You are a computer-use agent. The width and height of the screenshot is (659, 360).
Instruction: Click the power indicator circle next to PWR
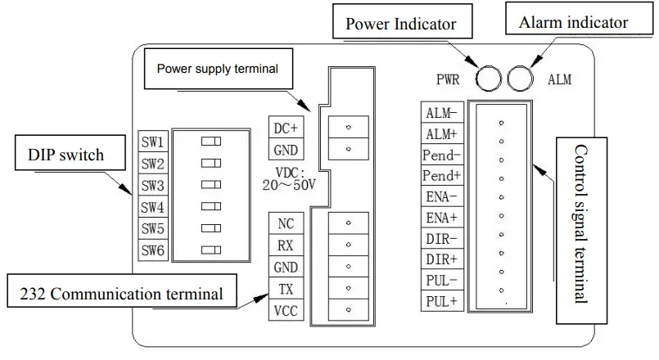(x=489, y=79)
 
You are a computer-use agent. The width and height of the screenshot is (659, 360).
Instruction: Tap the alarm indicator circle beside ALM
(x=521, y=79)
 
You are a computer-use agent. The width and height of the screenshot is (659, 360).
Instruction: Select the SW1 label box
(x=153, y=142)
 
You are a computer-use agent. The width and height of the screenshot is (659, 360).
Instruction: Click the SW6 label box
(x=153, y=250)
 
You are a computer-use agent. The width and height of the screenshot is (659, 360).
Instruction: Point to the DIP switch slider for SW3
(x=211, y=184)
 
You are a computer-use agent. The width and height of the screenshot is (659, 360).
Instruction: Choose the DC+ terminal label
(x=286, y=128)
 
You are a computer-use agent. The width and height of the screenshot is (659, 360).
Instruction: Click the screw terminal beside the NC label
(x=349, y=223)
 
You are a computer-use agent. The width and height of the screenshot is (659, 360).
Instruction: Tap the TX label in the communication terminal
(x=286, y=289)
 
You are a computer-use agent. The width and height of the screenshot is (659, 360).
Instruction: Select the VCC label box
(x=286, y=310)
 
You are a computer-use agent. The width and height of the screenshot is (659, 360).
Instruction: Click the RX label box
(x=286, y=245)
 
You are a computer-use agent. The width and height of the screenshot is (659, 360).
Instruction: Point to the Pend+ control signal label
(x=442, y=175)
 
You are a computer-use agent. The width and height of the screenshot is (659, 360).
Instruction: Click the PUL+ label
(x=442, y=301)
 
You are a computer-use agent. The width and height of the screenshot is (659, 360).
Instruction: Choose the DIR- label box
(x=442, y=238)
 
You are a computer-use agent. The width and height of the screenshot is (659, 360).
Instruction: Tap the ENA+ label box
(x=442, y=217)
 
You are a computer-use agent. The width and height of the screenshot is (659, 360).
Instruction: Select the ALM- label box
(x=442, y=112)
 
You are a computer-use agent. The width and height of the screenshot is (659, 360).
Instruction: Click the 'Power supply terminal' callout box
(x=218, y=69)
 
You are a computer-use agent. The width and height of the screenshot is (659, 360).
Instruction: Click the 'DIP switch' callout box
(x=70, y=152)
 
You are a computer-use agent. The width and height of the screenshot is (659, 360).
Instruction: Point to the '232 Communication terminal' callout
(x=122, y=290)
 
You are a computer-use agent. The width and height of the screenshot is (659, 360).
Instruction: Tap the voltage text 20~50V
(x=289, y=185)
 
